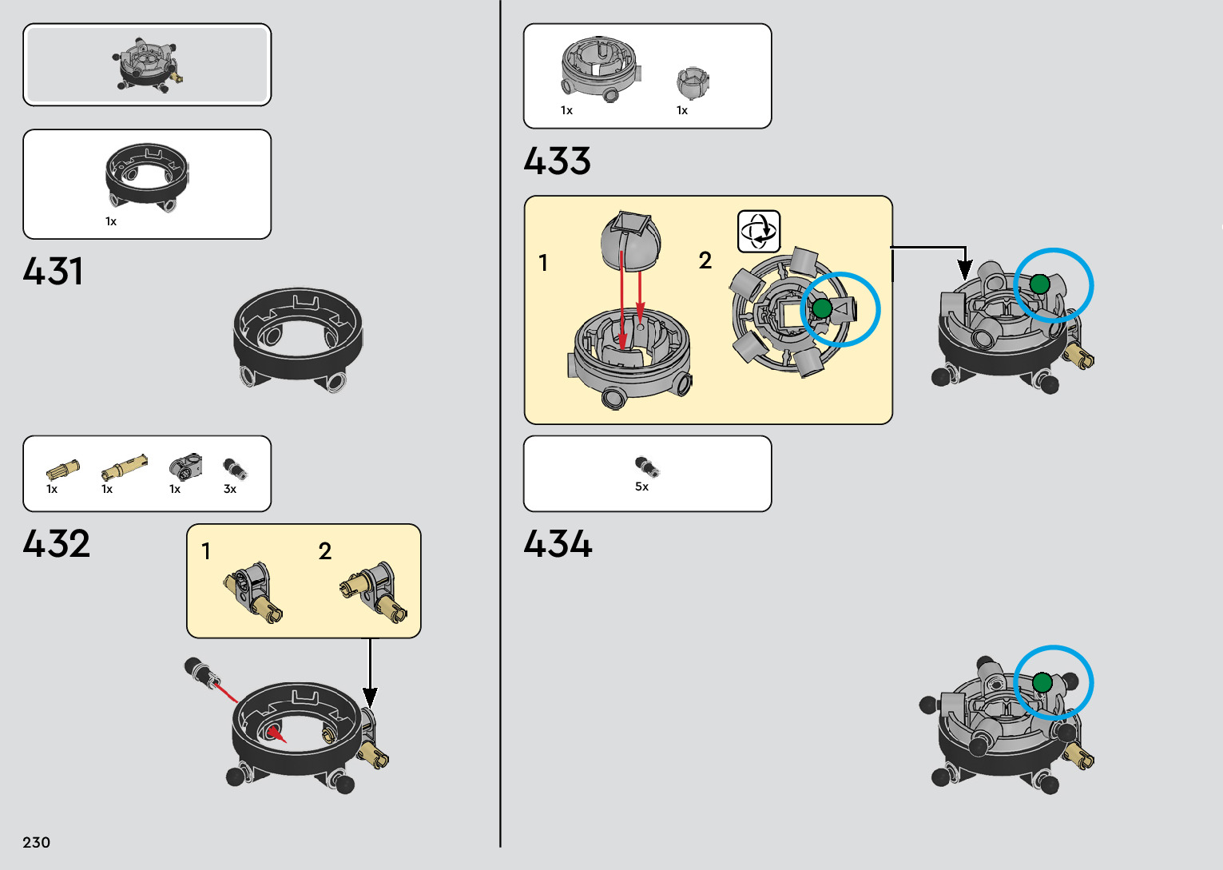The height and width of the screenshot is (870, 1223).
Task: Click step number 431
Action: pos(53,272)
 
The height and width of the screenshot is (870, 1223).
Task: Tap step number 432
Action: pos(56,544)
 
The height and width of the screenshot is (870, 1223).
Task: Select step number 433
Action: pos(557,161)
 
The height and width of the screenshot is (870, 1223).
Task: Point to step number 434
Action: pos(558,544)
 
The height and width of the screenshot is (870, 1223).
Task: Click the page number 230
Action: pos(37,842)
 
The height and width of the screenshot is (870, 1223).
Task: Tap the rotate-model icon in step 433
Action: pos(758,232)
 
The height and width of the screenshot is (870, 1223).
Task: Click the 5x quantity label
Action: pos(641,487)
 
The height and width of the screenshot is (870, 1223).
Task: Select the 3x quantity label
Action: pos(230,489)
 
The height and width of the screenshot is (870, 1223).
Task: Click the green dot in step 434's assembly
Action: pos(1042,682)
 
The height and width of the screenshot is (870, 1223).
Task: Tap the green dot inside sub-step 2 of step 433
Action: pos(822,308)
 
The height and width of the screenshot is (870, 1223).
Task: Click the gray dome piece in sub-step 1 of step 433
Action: pos(630,241)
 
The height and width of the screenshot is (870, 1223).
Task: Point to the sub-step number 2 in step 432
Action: pos(325,551)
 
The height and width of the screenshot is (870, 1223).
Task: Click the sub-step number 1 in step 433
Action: pos(543,263)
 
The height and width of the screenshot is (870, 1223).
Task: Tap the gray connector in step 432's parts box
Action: pos(185,467)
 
